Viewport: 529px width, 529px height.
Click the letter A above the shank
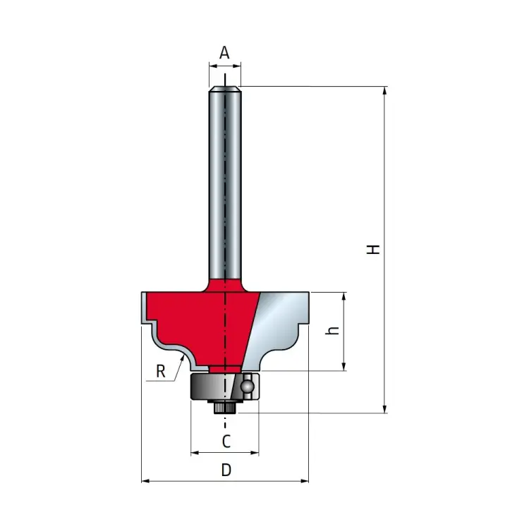tap(225, 52)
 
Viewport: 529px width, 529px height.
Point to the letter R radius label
tap(161, 372)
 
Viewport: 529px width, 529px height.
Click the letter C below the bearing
tap(226, 442)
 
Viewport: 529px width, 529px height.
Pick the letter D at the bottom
tap(226, 470)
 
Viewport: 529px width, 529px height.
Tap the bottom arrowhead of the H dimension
tap(384, 409)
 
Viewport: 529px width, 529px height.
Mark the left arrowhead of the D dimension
tap(145, 482)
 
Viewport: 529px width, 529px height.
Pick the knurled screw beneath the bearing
tap(225, 408)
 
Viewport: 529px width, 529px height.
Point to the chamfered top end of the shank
tap(225, 88)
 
